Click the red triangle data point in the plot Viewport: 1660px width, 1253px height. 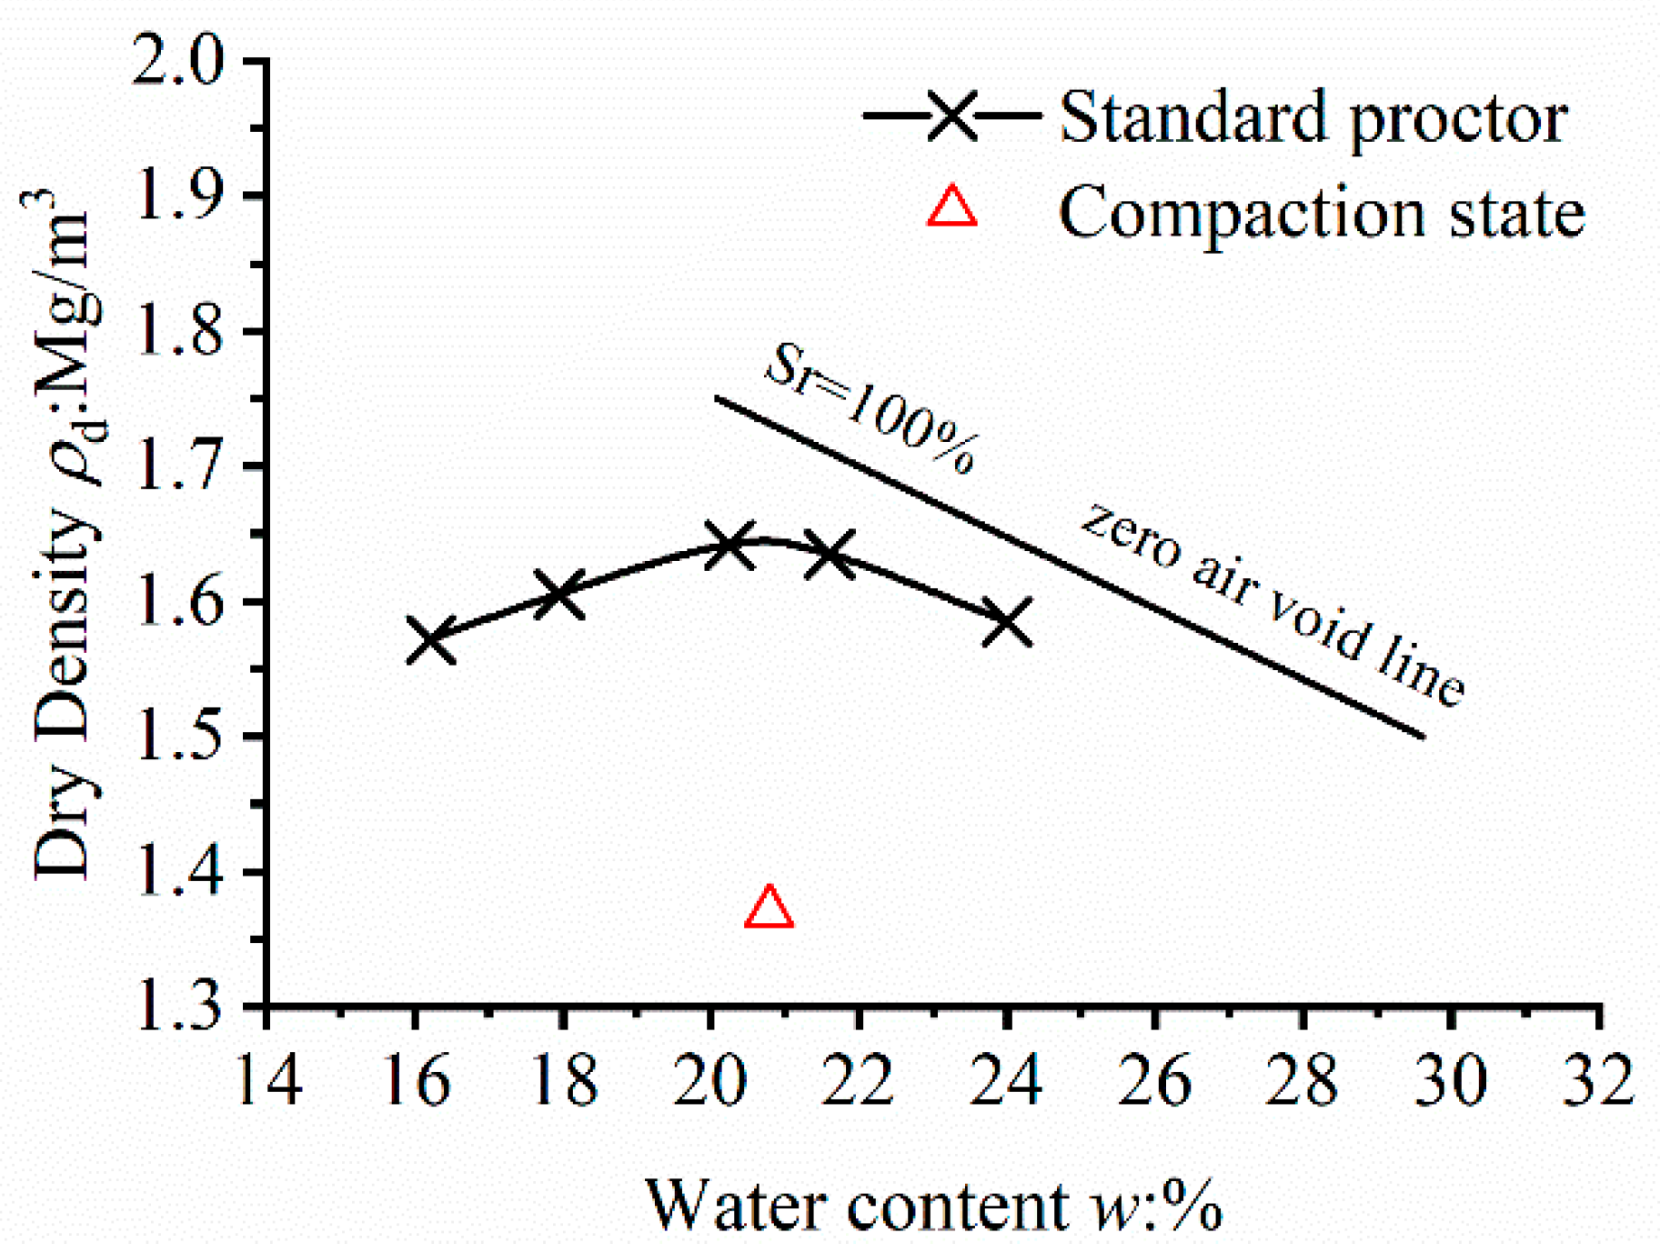click(769, 908)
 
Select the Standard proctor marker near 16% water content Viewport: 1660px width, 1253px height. click(430, 640)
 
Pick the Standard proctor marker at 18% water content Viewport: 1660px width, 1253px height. click(558, 596)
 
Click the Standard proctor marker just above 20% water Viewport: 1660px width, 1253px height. click(729, 544)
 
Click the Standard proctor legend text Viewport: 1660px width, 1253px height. click(1313, 118)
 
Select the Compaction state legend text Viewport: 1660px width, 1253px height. click(1321, 214)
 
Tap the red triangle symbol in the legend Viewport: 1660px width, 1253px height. click(951, 207)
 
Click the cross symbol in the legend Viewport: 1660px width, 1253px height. click(951, 115)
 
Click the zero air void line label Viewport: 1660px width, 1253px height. click(1273, 605)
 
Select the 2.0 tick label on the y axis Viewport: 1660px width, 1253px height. click(177, 60)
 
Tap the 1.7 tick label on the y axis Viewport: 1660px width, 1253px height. click(177, 466)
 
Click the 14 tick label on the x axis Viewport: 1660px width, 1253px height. click(267, 1080)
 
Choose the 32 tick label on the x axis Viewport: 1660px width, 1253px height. click(1598, 1080)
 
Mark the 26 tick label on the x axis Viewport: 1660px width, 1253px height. click(1154, 1080)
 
